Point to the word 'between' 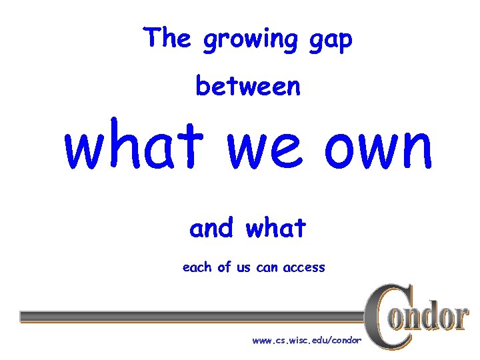point(248,86)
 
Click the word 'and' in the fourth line point(211,229)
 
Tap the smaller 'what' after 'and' point(275,229)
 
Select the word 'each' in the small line point(197,267)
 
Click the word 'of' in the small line point(224,267)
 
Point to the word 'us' point(244,268)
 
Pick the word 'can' point(269,268)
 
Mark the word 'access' point(304,268)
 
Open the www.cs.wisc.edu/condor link point(307,341)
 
